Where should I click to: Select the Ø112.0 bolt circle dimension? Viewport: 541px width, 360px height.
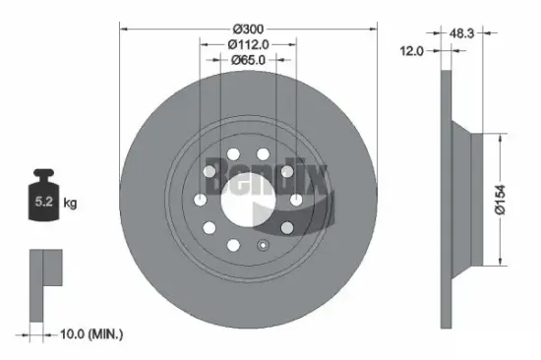248,44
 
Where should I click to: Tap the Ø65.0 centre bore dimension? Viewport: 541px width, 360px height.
248,61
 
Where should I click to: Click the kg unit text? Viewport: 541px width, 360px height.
70,204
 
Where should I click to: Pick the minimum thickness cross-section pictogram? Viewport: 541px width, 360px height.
43,281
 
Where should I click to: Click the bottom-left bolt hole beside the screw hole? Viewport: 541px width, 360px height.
234,245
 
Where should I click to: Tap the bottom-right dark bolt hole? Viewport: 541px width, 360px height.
285,228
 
